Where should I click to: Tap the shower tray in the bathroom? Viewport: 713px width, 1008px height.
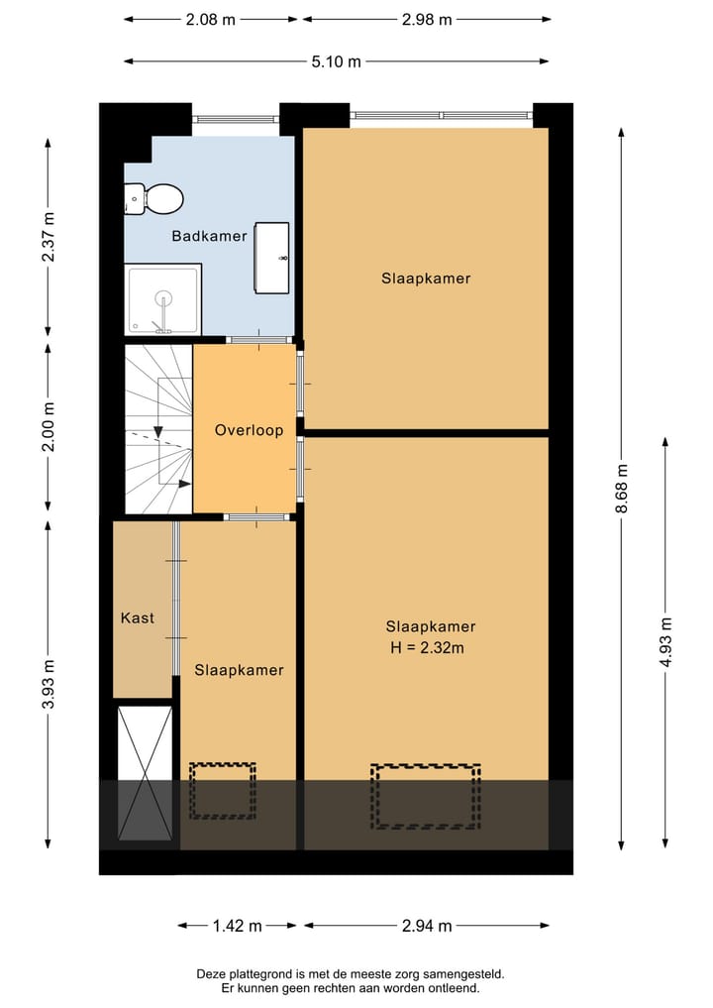(x=163, y=299)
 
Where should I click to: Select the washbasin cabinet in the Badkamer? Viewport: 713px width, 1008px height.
(x=271, y=258)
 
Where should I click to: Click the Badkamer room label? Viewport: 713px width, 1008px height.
(x=209, y=236)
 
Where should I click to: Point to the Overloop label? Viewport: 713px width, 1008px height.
(x=249, y=430)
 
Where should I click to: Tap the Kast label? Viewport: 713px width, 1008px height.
(x=138, y=617)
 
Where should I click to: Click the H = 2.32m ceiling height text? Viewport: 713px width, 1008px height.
(x=427, y=647)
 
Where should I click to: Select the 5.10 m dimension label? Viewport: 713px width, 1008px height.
(x=336, y=61)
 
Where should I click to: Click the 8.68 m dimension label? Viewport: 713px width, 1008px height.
(x=621, y=489)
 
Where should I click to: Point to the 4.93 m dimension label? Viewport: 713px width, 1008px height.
(x=665, y=642)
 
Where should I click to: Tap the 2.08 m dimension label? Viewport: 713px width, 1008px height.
(x=211, y=19)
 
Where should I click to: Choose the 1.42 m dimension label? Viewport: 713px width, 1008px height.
(x=237, y=926)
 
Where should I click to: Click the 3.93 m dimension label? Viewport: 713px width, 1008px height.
(x=49, y=684)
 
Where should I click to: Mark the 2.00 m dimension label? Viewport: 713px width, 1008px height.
(x=49, y=426)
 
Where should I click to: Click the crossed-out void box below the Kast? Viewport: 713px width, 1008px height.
(x=146, y=773)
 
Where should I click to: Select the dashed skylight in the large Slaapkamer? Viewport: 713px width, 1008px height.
(x=425, y=796)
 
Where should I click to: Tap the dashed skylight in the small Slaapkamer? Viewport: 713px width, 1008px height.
(x=222, y=791)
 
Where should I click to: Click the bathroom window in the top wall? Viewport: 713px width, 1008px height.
(x=236, y=119)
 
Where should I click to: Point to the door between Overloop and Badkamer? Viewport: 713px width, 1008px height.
(x=258, y=340)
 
